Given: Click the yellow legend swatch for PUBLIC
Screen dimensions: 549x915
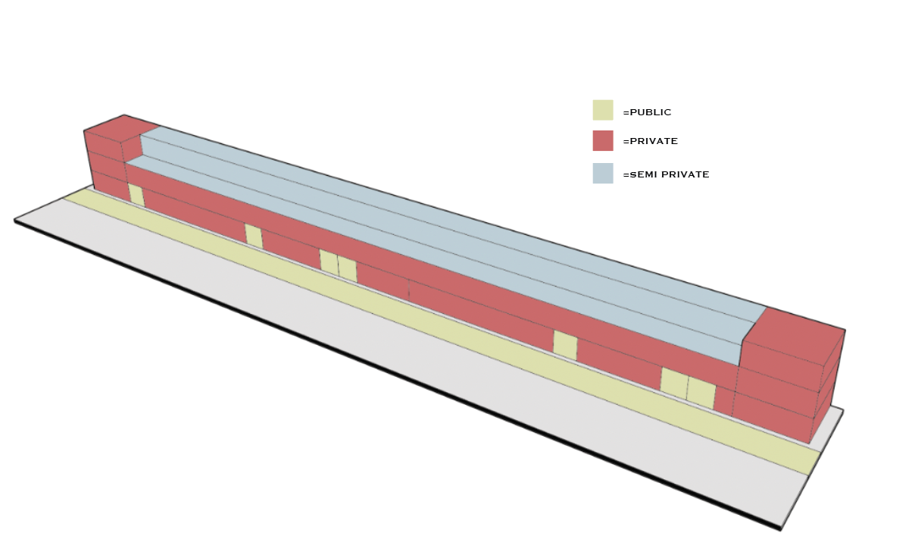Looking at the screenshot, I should coord(602,110).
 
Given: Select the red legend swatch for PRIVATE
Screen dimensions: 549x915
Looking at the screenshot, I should coord(602,140).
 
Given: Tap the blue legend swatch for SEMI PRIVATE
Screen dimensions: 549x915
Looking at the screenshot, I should coord(602,173).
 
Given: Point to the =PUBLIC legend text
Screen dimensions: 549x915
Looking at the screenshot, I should coord(647,112).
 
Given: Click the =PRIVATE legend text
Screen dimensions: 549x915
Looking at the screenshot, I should coord(650,142).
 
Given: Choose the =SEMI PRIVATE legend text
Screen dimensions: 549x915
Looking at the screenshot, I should coord(666,174).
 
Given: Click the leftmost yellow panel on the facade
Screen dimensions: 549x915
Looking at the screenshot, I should coord(136,195).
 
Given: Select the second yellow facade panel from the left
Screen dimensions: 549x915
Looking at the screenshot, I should coord(254,237).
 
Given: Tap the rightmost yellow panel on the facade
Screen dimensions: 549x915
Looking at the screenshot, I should coord(701,394).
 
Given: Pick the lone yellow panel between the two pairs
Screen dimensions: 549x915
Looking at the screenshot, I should coord(565,345).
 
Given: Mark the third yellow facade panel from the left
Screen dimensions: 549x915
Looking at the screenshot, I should coord(328,261).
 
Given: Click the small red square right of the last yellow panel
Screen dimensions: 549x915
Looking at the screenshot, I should coord(723,401).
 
